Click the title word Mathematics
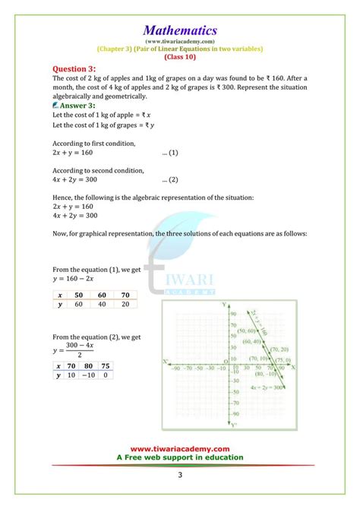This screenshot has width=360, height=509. pos(180,30)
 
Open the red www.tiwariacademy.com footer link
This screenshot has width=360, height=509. pos(180,448)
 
